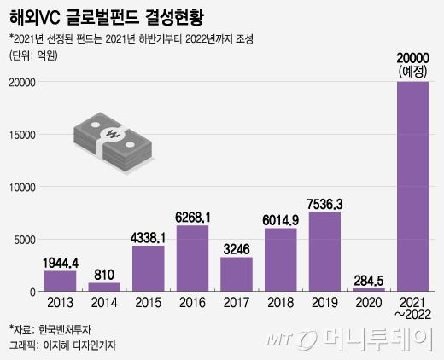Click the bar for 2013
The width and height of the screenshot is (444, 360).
click(60, 281)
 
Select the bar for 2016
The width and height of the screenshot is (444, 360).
click(193, 258)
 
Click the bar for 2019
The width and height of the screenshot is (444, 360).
click(325, 252)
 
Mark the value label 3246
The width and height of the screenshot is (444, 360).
click(237, 248)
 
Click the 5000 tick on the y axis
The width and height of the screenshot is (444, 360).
click(25, 240)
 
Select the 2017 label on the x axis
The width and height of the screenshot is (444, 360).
click(237, 303)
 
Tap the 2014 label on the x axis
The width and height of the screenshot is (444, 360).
click(104, 303)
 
